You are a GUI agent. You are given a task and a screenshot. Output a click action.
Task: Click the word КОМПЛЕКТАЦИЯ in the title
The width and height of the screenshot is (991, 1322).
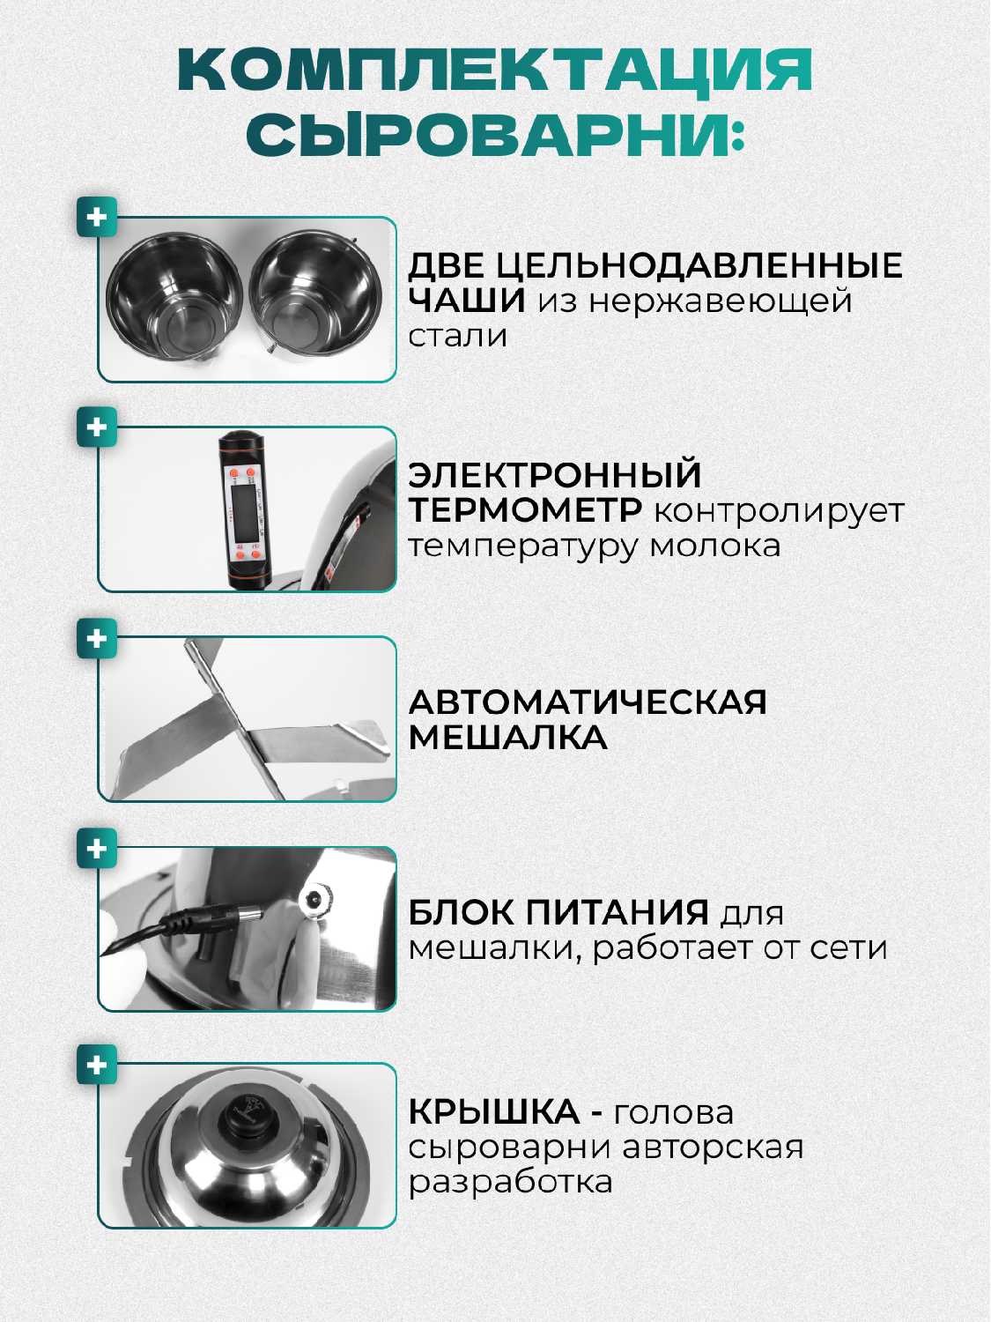495,71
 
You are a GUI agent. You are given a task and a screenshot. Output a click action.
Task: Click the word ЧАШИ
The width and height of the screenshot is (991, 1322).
467,301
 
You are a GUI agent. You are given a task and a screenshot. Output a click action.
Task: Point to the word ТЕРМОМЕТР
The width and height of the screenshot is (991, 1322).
525,511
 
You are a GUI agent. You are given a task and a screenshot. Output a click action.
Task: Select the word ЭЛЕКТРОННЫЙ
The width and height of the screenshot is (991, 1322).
555,475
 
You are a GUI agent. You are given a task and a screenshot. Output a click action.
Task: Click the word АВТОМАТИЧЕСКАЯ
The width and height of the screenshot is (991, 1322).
588,702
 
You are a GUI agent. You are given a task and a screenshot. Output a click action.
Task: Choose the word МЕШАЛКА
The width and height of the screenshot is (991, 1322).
508,738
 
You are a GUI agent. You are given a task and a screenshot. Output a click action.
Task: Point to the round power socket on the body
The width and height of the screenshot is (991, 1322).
315,903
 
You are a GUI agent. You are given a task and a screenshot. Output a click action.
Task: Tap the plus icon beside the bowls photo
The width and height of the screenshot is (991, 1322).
97,217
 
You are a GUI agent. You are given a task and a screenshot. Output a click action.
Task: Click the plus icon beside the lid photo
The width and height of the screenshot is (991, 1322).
97,1065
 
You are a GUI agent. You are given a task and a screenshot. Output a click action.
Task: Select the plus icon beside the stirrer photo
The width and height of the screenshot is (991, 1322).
97,638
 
